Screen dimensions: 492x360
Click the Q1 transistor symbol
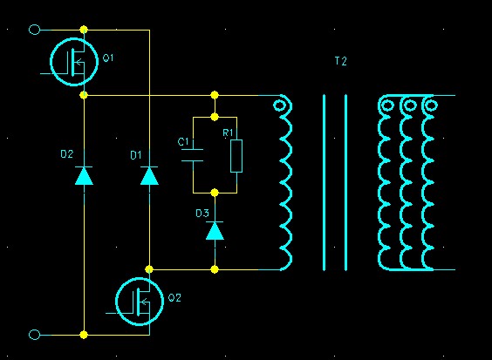pyautogui.click(x=74, y=62)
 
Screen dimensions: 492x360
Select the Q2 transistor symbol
pyautogui.click(x=140, y=302)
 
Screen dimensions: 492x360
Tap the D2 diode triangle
pyautogui.click(x=84, y=175)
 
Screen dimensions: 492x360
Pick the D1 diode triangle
pyautogui.click(x=149, y=175)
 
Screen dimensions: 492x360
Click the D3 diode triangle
pyautogui.click(x=215, y=230)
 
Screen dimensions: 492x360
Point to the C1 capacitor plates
pyautogui.click(x=192, y=155)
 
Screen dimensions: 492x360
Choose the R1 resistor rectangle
pyautogui.click(x=236, y=156)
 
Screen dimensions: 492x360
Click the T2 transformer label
pyautogui.click(x=341, y=61)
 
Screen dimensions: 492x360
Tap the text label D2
pyautogui.click(x=67, y=154)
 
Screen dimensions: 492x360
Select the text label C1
pyautogui.click(x=183, y=142)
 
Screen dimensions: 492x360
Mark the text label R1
pyautogui.click(x=228, y=132)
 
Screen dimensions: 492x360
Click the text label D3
pyautogui.click(x=202, y=214)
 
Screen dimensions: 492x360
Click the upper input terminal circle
pyautogui.click(x=35, y=30)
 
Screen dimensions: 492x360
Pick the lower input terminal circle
pyautogui.click(x=35, y=335)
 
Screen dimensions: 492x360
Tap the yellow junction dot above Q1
pyautogui.click(x=84, y=30)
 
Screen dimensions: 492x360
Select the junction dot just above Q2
pyautogui.click(x=149, y=269)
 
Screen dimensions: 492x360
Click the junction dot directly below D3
pyautogui.click(x=215, y=269)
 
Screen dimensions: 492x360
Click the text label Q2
pyautogui.click(x=174, y=297)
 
